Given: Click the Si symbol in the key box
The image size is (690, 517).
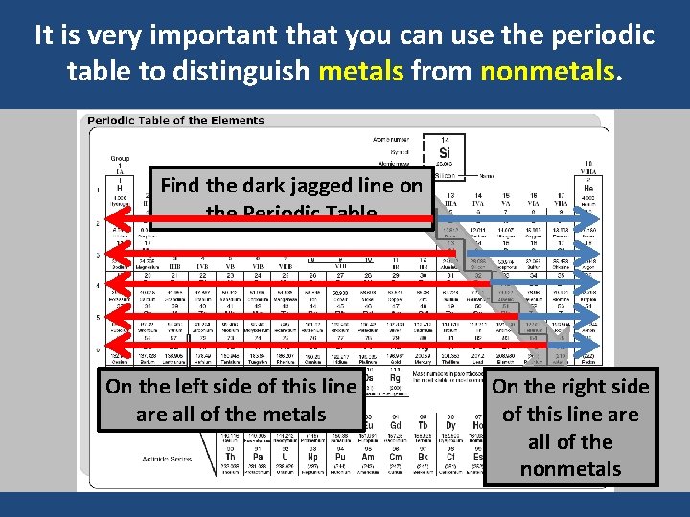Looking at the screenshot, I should pyautogui.click(x=445, y=153).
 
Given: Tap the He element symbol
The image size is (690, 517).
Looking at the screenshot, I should pyautogui.click(x=588, y=190).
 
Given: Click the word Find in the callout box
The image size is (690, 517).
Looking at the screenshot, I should pyautogui.click(x=184, y=186).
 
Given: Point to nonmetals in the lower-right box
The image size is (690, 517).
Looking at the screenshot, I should pyautogui.click(x=570, y=469).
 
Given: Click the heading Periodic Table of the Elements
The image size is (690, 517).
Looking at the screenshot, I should pyautogui.click(x=176, y=121).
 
